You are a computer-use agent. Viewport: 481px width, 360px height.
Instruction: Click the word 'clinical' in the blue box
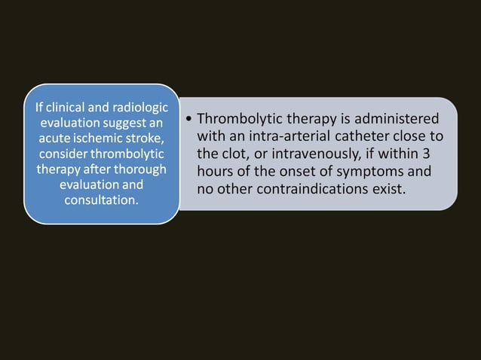click(x=63, y=108)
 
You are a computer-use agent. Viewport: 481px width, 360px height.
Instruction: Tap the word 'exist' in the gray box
click(x=389, y=188)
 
